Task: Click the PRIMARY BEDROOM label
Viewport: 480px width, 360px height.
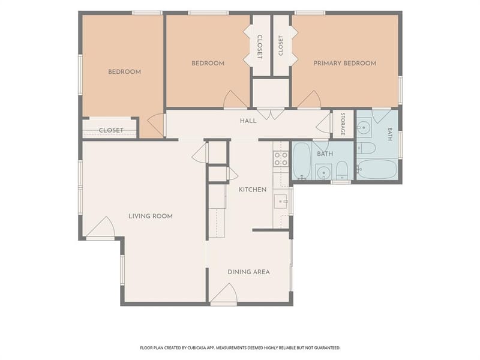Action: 344,64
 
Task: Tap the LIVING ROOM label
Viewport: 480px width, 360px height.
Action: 151,216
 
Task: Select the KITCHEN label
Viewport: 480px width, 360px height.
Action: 253,190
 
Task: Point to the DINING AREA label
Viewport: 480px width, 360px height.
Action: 248,272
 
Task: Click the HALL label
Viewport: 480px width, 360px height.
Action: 248,121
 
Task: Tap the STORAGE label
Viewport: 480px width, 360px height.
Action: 343,124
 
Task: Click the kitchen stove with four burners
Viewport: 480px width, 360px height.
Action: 281,158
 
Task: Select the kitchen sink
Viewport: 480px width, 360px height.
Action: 281,201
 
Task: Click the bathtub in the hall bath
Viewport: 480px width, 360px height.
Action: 301,161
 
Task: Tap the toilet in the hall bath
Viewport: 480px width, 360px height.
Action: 341,170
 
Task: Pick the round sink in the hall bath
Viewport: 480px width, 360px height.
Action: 323,173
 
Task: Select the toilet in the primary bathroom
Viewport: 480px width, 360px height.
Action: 366,148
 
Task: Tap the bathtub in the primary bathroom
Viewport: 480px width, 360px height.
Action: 377,169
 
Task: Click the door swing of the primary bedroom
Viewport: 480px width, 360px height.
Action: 310,100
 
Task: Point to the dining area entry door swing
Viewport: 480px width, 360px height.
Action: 224,293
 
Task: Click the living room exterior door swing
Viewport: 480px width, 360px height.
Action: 101,227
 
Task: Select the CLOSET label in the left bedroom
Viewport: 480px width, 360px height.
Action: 111,130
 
